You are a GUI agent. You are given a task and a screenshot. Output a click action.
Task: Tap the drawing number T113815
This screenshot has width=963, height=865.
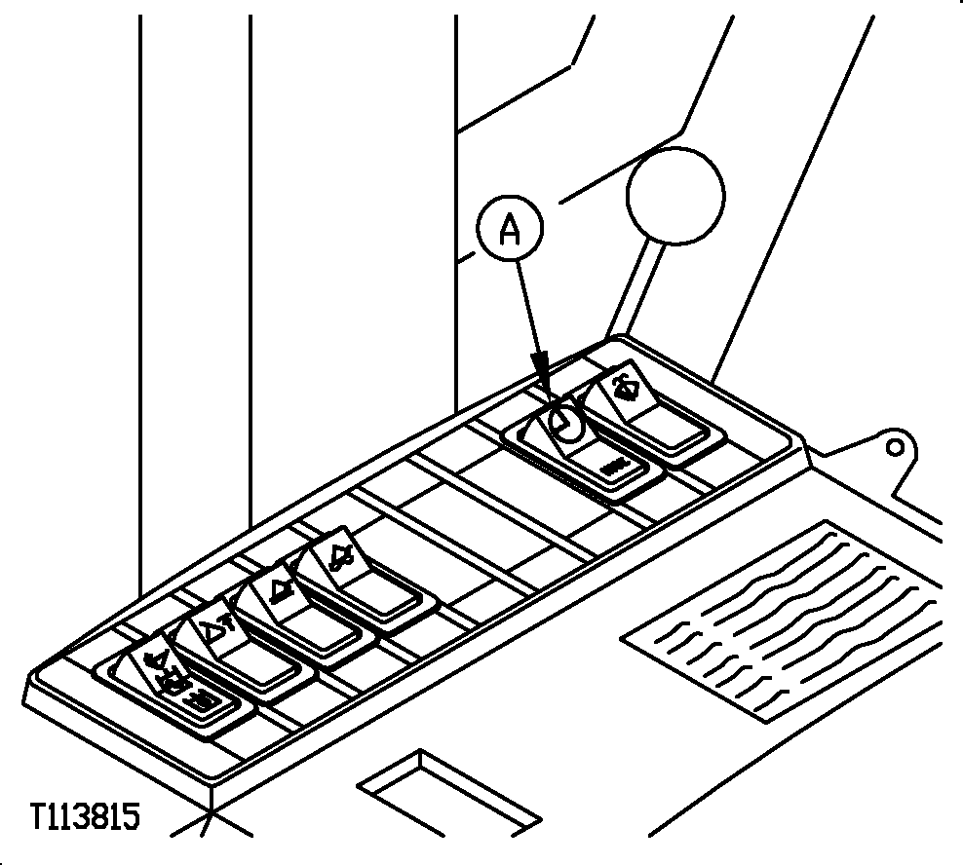(x=86, y=816)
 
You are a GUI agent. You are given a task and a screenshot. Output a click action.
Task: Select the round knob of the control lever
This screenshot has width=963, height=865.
(x=675, y=196)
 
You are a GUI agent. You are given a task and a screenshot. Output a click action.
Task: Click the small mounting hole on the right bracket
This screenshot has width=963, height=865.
(x=895, y=447)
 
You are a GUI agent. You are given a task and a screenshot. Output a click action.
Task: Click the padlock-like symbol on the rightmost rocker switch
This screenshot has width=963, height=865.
(x=626, y=386)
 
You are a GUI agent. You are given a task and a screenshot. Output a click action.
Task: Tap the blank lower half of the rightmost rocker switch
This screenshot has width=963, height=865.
(x=667, y=426)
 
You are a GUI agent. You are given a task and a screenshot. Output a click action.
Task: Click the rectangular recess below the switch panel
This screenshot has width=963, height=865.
(x=449, y=793)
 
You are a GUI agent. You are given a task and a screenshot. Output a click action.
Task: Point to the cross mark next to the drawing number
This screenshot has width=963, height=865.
(x=210, y=814)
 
